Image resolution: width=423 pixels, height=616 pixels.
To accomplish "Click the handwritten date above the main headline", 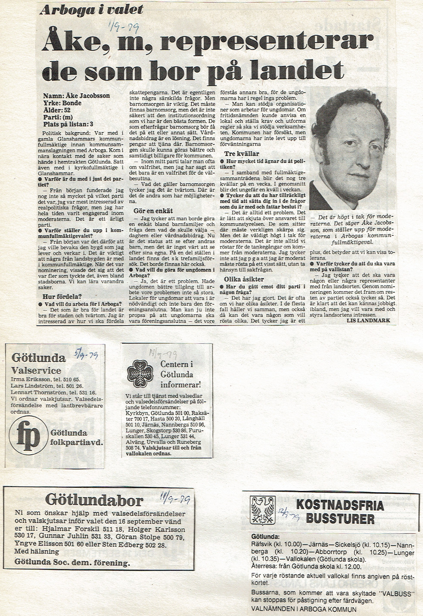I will [x=123, y=28].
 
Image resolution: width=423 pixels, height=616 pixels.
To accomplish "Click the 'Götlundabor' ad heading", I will [x=94, y=500].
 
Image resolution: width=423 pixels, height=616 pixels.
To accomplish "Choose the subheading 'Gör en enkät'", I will [x=153, y=211].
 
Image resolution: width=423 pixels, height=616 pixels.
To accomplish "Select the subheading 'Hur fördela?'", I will [x=62, y=296].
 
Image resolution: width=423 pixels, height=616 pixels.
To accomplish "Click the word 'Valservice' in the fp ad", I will [x=36, y=370].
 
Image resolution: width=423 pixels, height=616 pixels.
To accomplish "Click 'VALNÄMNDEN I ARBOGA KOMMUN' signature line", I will [x=304, y=609].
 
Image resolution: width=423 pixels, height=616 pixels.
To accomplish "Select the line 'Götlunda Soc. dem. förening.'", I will [x=72, y=562].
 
